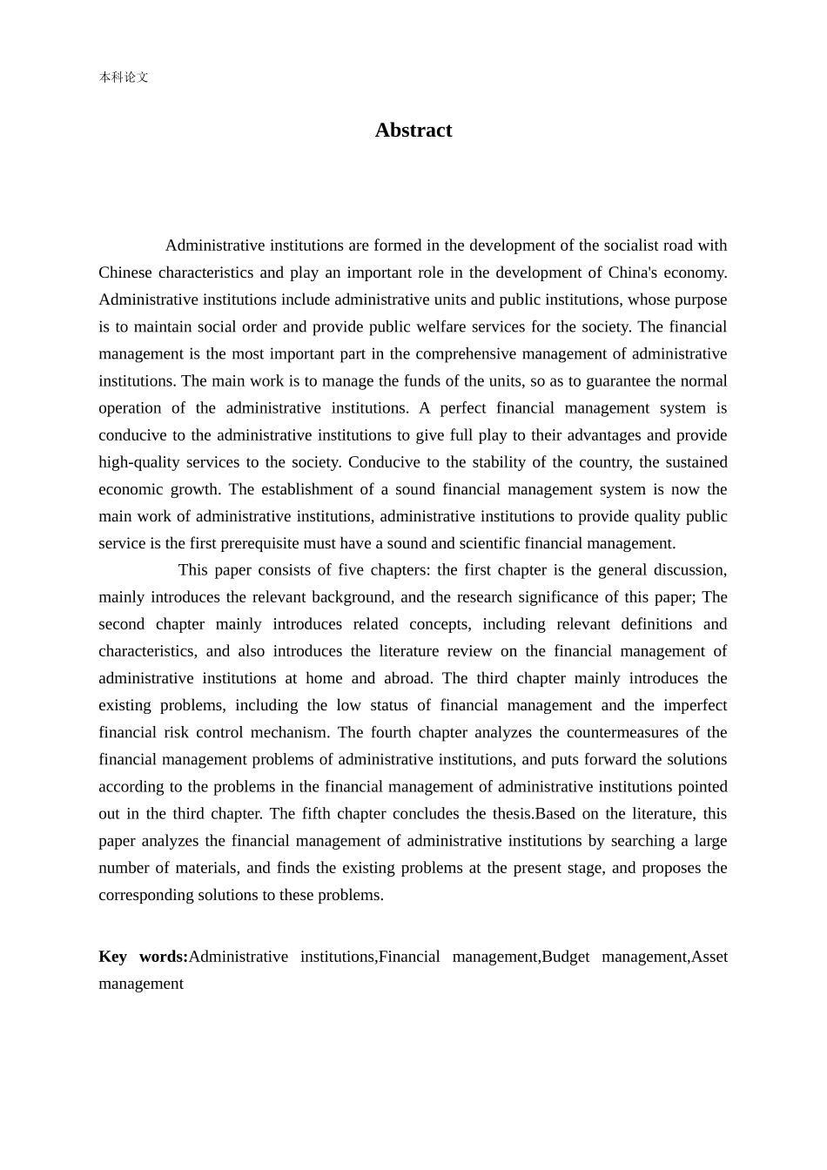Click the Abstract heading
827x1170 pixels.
pyautogui.click(x=413, y=131)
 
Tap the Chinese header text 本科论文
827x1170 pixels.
pyautogui.click(x=124, y=77)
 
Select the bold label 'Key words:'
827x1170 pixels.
pyautogui.click(x=143, y=957)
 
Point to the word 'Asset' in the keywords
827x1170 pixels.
pyautogui.click(x=709, y=957)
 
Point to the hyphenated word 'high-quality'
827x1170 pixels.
pyautogui.click(x=140, y=462)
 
